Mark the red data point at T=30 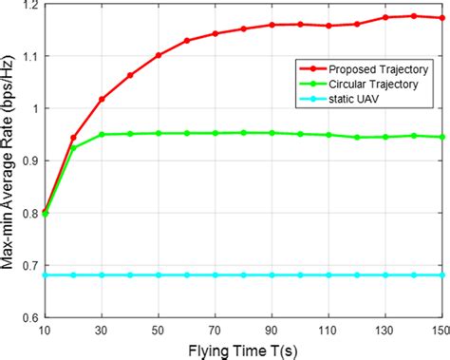coord(102,99)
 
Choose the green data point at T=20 coord(74,147)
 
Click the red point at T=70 coord(216,33)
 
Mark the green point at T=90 coord(272,133)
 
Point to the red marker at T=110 coord(328,26)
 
